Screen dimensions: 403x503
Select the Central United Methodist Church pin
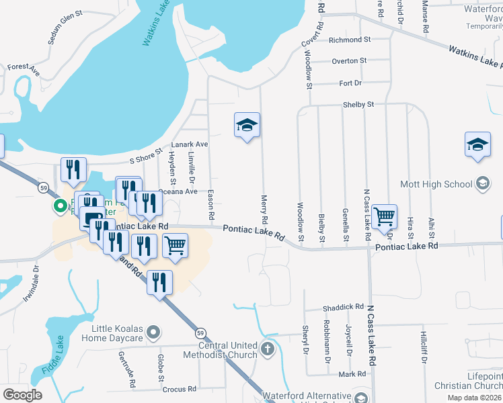click(x=268, y=349)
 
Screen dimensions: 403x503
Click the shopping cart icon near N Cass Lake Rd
click(x=384, y=216)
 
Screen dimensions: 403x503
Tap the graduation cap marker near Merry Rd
click(x=247, y=125)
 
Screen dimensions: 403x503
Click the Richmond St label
click(x=350, y=40)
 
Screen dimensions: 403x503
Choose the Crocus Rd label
click(x=179, y=389)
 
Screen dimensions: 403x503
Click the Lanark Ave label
click(x=189, y=144)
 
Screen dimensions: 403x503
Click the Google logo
click(x=22, y=395)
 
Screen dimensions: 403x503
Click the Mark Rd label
click(x=352, y=373)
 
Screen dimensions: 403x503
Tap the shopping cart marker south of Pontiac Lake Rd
click(x=175, y=245)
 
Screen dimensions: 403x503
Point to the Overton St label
click(x=349, y=60)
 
